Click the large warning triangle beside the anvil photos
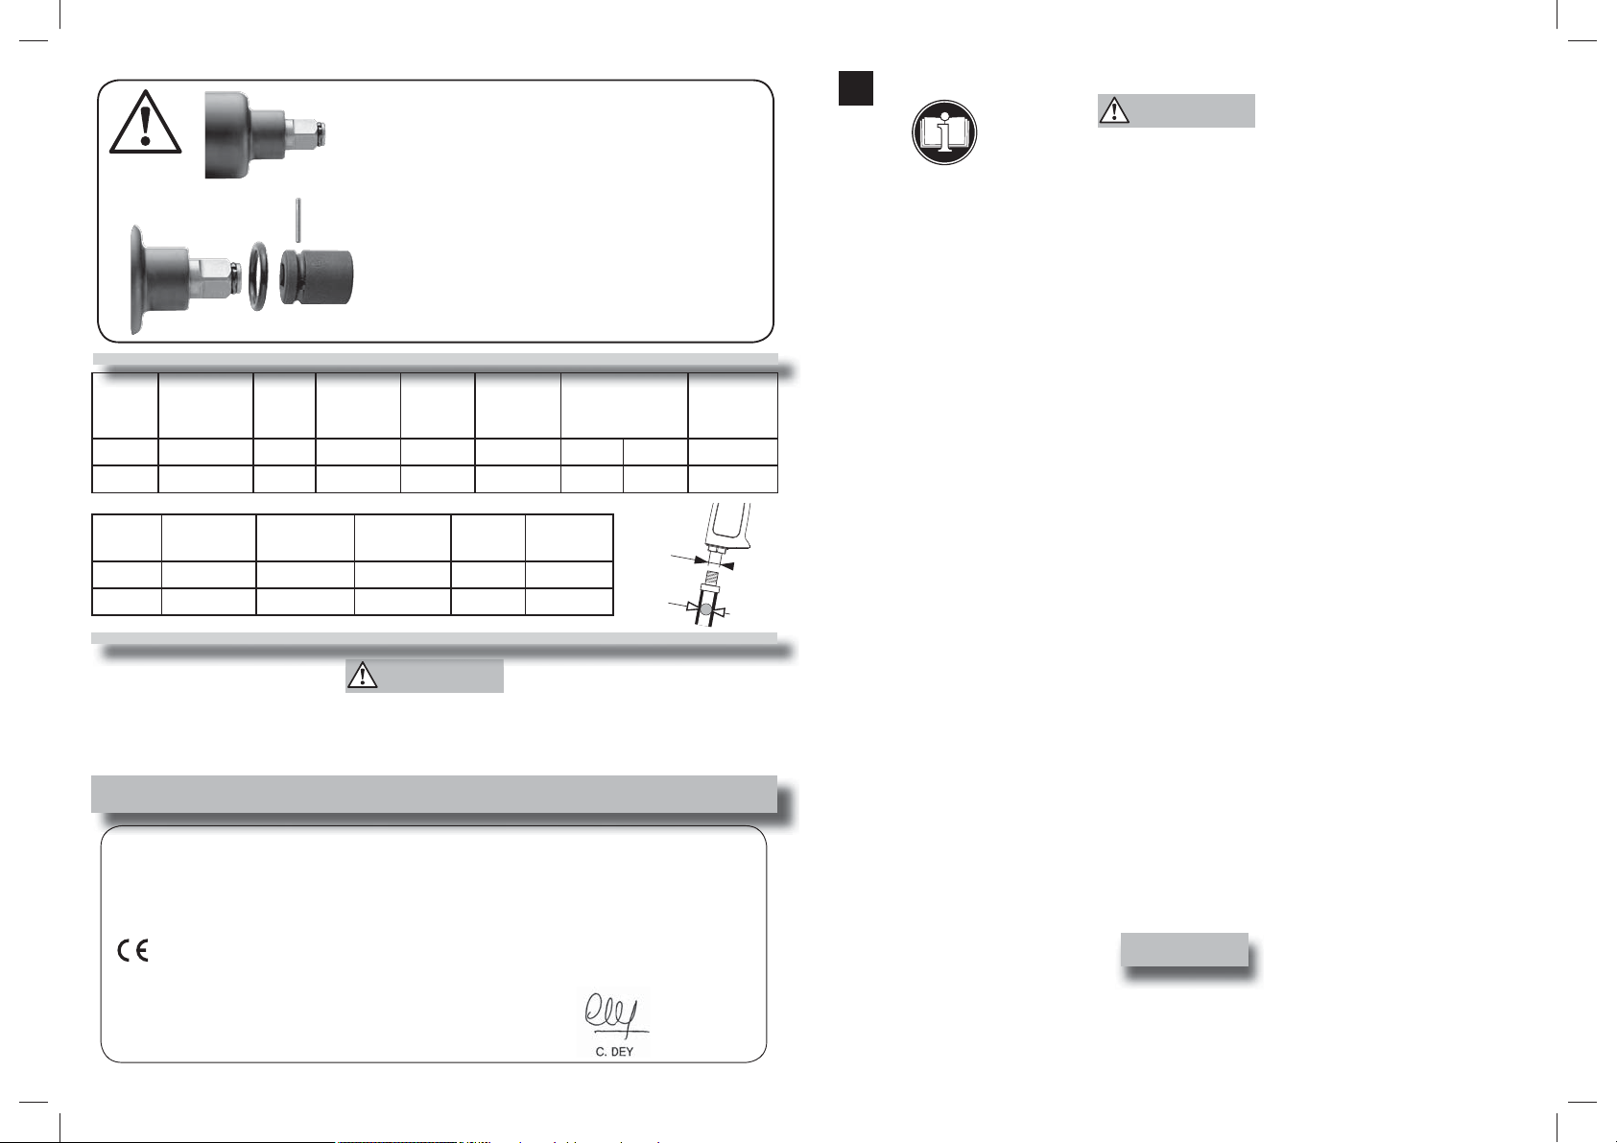(145, 123)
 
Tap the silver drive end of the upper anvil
(303, 132)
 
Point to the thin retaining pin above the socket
(298, 220)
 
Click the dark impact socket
(316, 276)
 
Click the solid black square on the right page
(855, 88)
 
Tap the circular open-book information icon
(944, 132)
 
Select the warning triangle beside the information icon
(1114, 109)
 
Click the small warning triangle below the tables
(363, 675)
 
